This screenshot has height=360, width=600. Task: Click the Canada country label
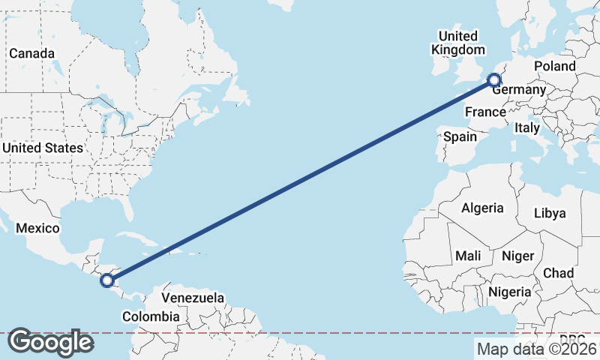click(x=31, y=54)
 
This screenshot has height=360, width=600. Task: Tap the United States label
click(x=42, y=148)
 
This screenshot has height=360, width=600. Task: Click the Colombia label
click(x=151, y=316)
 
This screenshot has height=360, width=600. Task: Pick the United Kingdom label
click(x=457, y=43)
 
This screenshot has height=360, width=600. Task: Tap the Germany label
click(x=520, y=90)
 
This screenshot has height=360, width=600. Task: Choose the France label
click(x=484, y=112)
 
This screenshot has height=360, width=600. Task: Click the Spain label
click(x=460, y=136)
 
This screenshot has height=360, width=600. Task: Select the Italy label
click(x=527, y=128)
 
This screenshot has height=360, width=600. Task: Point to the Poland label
click(x=555, y=66)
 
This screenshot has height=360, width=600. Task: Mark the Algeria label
click(x=482, y=208)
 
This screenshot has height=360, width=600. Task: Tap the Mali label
click(x=468, y=256)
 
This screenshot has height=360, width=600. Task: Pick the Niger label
click(x=517, y=256)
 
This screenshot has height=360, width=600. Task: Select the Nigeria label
click(x=510, y=291)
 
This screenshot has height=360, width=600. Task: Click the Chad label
click(x=559, y=272)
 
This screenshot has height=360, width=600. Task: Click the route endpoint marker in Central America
click(x=107, y=280)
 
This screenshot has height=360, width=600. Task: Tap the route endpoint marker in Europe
click(x=493, y=80)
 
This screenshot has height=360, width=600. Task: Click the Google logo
click(x=50, y=342)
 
